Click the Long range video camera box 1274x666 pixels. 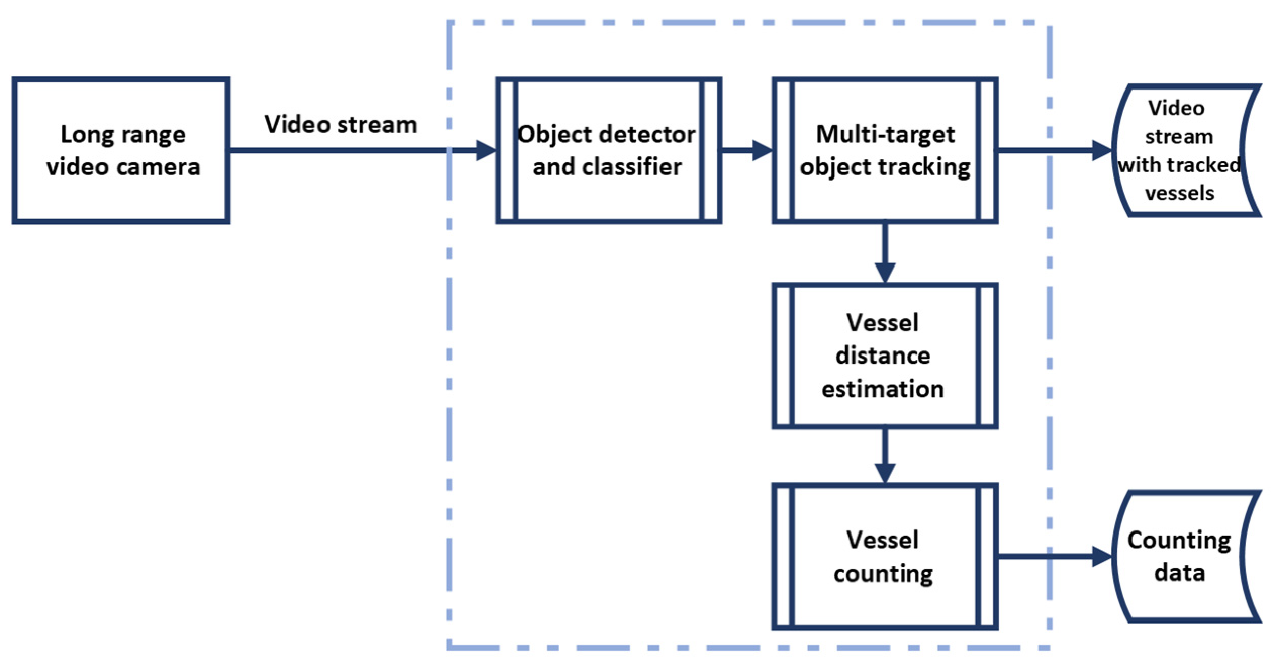coord(121,150)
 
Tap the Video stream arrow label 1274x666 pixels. coord(341,124)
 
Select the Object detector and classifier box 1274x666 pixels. coord(608,150)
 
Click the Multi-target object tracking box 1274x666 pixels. coord(884,150)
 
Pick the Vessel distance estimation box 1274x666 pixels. coord(884,356)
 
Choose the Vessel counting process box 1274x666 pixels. coord(884,556)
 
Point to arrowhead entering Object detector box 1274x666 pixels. coord(486,150)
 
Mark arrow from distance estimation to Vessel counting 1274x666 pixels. coord(885,455)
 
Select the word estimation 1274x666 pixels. coord(882,389)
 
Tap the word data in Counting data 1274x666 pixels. coord(1179,572)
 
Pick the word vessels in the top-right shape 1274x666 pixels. coord(1179,193)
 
